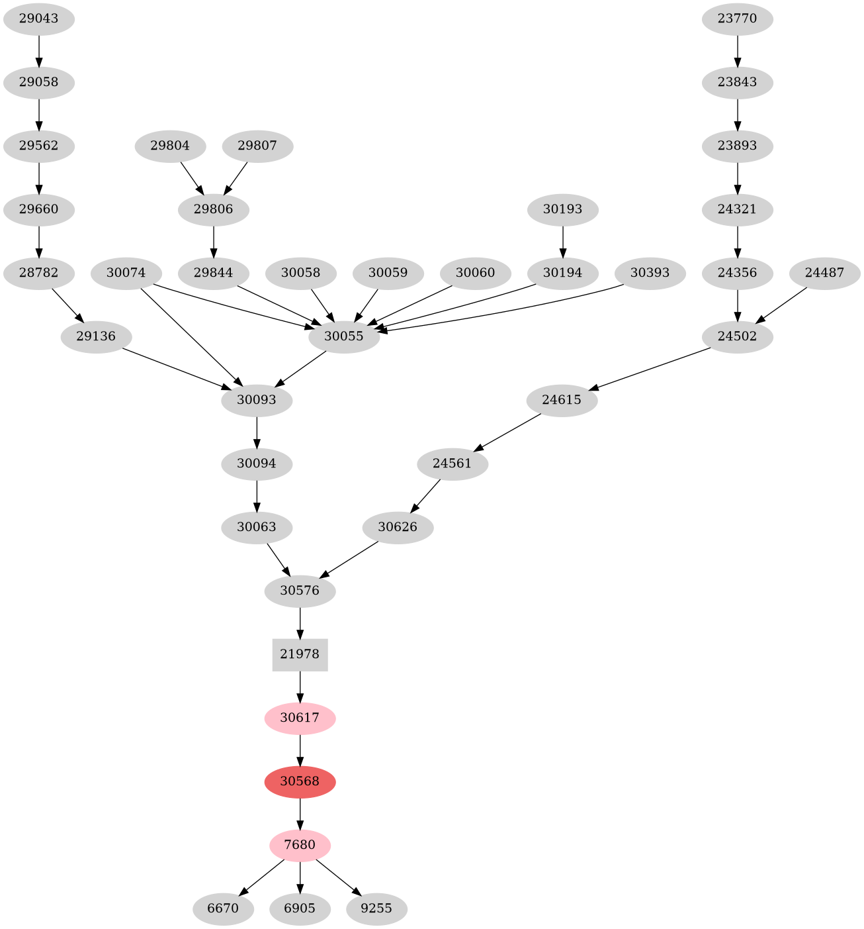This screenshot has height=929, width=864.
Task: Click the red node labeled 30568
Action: (300, 781)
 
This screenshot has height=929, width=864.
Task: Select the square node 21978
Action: (300, 654)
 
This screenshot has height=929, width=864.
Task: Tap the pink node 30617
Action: (300, 718)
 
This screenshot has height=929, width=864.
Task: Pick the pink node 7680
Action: (300, 845)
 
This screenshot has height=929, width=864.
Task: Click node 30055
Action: (344, 336)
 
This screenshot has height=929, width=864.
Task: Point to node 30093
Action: (257, 400)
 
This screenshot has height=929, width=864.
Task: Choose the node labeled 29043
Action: (39, 19)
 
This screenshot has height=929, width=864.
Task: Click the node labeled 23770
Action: (737, 19)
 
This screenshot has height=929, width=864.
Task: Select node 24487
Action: (824, 273)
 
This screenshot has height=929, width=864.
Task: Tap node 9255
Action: (376, 908)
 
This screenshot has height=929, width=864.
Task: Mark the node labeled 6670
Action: (223, 908)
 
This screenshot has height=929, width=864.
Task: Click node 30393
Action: (650, 273)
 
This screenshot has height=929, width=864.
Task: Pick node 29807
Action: (257, 146)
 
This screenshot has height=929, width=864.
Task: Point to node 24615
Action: (562, 400)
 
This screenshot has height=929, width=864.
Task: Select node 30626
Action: (398, 527)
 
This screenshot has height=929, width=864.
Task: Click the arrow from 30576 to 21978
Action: (300, 622)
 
